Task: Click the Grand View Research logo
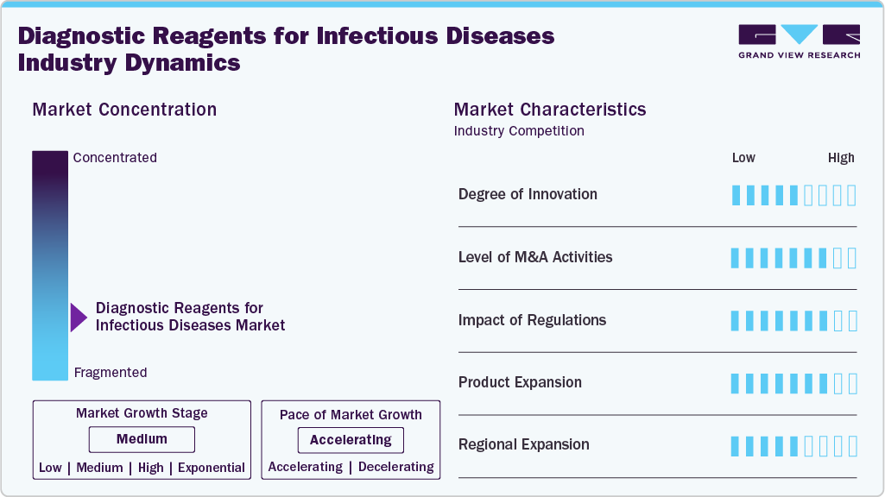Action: (799, 41)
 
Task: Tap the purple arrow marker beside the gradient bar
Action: (79, 318)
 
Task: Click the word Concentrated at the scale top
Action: (115, 158)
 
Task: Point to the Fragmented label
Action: (111, 373)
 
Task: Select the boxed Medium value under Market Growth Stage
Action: (142, 439)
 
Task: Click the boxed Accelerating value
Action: (351, 440)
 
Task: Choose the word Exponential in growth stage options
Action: (212, 468)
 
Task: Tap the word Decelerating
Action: (395, 467)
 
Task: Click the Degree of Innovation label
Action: (528, 194)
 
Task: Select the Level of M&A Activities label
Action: (535, 257)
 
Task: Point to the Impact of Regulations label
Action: (532, 320)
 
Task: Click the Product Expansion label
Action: (520, 382)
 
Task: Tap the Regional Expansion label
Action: (523, 445)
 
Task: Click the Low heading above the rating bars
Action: (743, 158)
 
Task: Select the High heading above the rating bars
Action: (841, 158)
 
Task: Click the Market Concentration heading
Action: (124, 110)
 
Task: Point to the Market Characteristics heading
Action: (550, 110)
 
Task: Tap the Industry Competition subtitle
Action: (519, 131)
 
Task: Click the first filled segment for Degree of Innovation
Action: (736, 195)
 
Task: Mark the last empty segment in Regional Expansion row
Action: (852, 446)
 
